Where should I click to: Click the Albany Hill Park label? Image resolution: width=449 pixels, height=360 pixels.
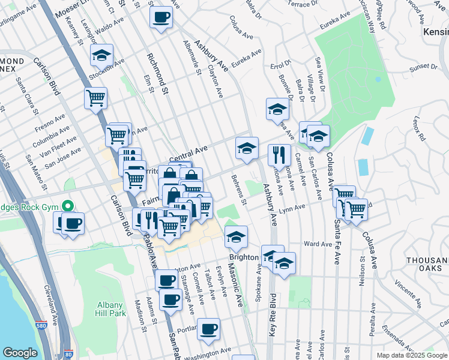(x=110, y=309)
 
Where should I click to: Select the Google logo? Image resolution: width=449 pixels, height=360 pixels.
(x=20, y=353)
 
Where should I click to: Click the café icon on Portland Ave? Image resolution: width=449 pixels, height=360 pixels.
(x=208, y=329)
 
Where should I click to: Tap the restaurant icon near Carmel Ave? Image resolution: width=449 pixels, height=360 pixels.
(x=279, y=155)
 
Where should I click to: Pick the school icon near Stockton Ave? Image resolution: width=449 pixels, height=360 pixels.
(x=102, y=55)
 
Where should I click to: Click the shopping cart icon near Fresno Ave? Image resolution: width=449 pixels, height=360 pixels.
(x=96, y=98)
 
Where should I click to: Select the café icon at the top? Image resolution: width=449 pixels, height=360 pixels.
(x=160, y=17)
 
